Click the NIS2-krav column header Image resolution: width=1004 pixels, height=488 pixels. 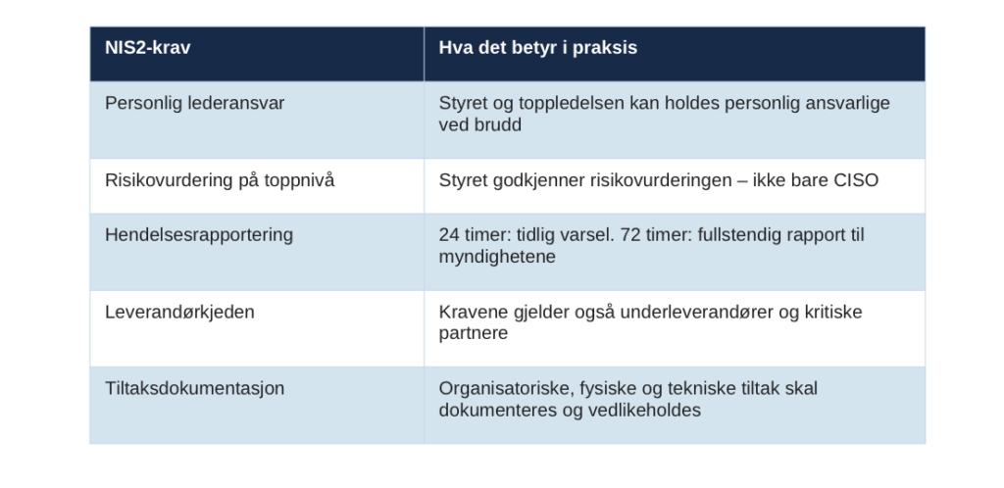(x=148, y=48)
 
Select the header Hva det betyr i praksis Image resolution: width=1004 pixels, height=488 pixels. (x=538, y=48)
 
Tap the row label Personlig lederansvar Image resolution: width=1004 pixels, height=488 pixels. (x=195, y=104)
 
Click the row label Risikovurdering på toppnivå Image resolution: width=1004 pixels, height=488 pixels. (x=220, y=180)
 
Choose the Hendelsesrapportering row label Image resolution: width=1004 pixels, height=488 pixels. (x=199, y=235)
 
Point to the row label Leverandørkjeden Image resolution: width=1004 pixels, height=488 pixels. (x=180, y=313)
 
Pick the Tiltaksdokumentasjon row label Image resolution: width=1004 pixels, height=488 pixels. (x=195, y=389)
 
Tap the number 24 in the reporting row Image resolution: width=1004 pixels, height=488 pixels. (x=449, y=235)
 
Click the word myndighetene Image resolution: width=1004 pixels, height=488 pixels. (x=497, y=257)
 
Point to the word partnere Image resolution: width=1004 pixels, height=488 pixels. (x=474, y=334)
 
